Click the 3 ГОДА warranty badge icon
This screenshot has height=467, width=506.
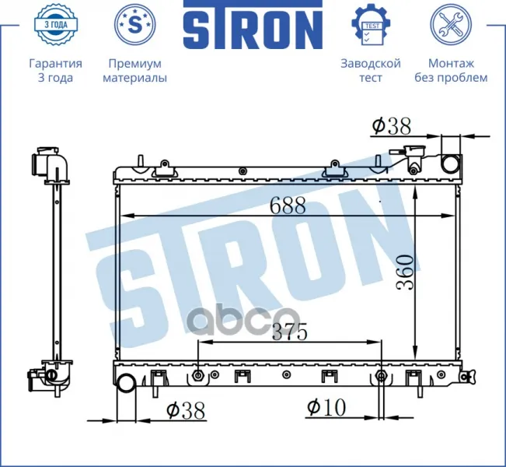pyautogui.click(x=55, y=25)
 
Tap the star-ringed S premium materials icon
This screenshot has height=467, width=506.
pyautogui.click(x=135, y=25)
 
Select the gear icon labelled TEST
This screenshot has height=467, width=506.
pyautogui.click(x=371, y=25)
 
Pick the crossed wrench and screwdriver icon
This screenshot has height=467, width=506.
pyautogui.click(x=451, y=25)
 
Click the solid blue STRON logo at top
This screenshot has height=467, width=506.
pyautogui.click(x=253, y=25)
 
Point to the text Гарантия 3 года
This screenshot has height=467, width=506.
pyautogui.click(x=55, y=71)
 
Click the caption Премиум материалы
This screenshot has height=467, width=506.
pyautogui.click(x=135, y=71)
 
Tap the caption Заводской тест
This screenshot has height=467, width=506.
pyautogui.click(x=371, y=71)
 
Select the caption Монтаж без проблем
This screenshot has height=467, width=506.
pyautogui.click(x=451, y=71)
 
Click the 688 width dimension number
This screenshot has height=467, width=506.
pyautogui.click(x=288, y=205)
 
